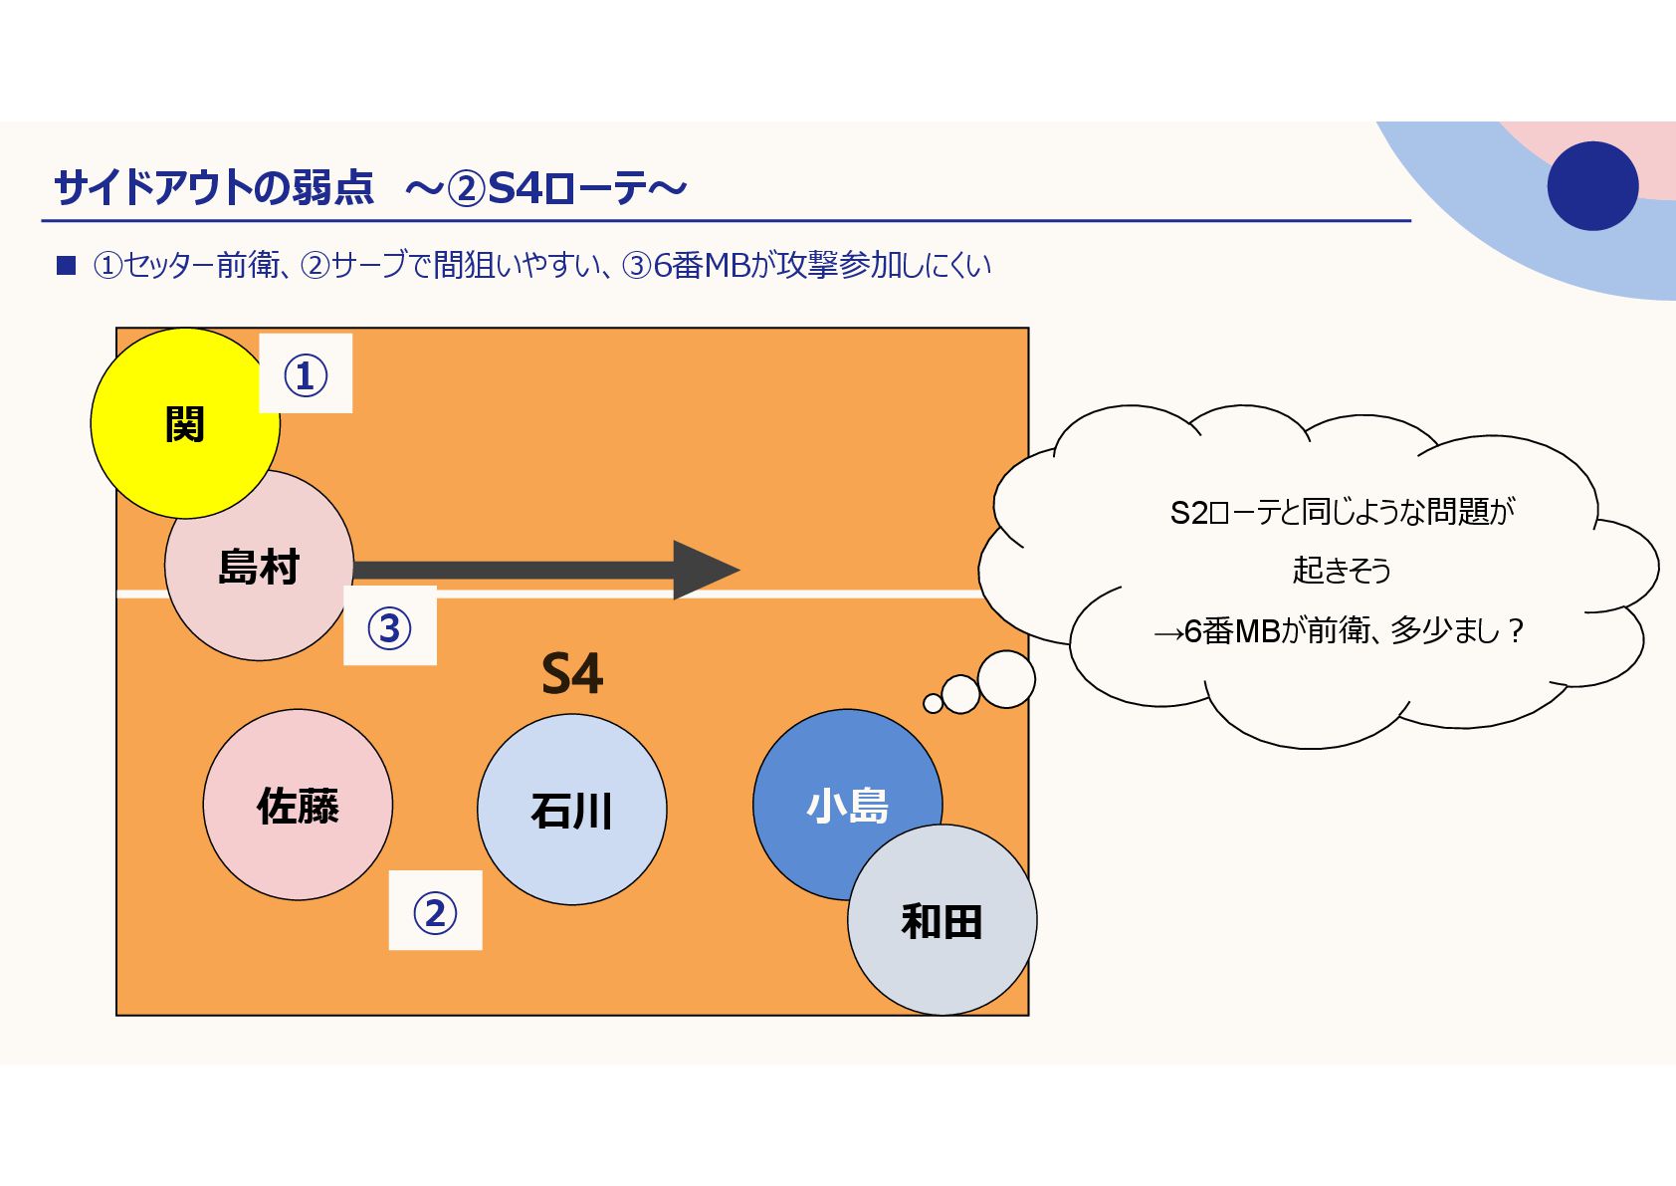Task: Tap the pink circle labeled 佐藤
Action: click(298, 805)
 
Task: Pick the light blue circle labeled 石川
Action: click(571, 810)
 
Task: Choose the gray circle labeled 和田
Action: click(942, 921)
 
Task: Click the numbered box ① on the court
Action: click(306, 373)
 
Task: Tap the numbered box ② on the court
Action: click(435, 910)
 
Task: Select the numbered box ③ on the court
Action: click(389, 626)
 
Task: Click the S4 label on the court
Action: click(572, 674)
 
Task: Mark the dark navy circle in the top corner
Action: click(1592, 186)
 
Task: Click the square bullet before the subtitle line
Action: click(67, 265)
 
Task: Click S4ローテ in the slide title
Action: click(567, 187)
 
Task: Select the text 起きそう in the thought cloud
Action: click(1341, 570)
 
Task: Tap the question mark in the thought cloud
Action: click(1516, 630)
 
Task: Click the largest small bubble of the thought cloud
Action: click(1006, 679)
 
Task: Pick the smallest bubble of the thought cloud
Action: click(933, 704)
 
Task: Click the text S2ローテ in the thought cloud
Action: click(1223, 512)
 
